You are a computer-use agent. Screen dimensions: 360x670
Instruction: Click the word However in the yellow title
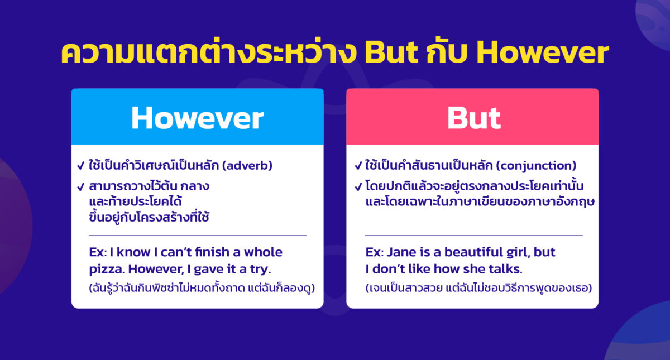coord(543,53)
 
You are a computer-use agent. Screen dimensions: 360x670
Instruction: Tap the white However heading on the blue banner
coord(197,118)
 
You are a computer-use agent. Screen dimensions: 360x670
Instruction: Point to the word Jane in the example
coord(401,252)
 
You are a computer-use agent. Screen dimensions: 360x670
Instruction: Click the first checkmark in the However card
coord(80,166)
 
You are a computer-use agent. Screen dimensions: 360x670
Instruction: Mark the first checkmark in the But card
coord(358,166)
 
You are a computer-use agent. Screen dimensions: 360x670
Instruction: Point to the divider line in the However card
coord(197,236)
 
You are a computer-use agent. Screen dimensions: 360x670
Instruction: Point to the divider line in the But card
coord(473,236)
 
